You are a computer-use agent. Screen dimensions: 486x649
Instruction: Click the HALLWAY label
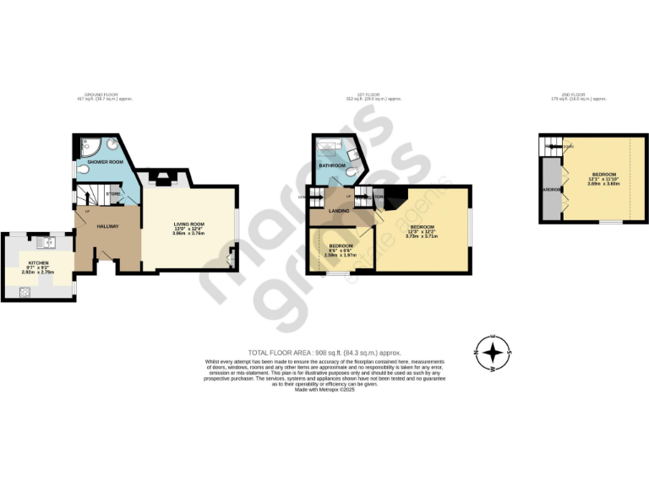click(106, 226)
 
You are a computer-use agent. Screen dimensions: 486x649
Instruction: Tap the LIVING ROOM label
click(188, 223)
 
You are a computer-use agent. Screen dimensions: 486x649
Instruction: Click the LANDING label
click(339, 210)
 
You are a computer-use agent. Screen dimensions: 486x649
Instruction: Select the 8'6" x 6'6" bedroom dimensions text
click(341, 251)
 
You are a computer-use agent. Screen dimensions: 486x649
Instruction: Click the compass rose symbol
click(494, 354)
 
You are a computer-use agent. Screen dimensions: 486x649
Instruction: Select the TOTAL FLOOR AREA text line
click(324, 352)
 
